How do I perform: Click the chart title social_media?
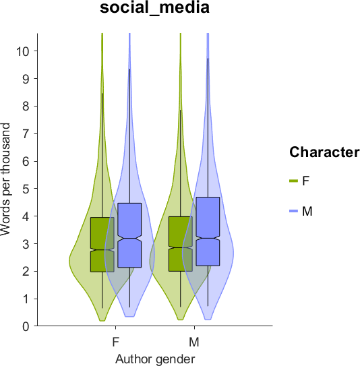coord(154,8)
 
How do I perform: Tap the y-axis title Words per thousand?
coord(5,179)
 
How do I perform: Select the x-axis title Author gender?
coord(155,359)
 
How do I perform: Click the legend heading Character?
coord(324,152)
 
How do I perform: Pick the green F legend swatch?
coord(293,181)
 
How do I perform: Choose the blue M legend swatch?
coord(293,211)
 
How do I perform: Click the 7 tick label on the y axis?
coord(26,133)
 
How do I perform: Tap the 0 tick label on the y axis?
coord(26,326)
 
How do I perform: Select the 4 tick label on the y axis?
coord(26,216)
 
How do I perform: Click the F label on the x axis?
coord(115,342)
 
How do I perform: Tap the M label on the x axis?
coord(194,342)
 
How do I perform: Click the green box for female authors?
coord(102,245)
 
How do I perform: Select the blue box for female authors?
coord(129,235)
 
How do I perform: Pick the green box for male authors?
coord(181,244)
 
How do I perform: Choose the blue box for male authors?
coord(208,232)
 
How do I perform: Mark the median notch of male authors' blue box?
coord(208,239)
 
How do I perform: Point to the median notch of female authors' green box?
coord(102,250)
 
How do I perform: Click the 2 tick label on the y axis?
coord(26,272)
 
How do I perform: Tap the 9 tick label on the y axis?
coord(26,79)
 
